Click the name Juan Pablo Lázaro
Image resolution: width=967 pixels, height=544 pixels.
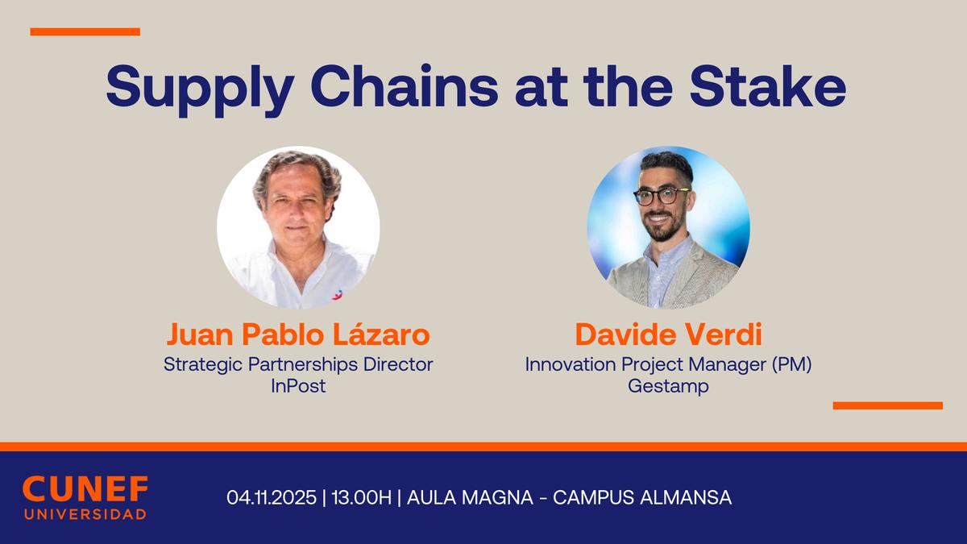tap(298, 334)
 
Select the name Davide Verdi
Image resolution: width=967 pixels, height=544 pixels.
tap(668, 334)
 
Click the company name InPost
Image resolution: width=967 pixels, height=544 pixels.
tap(298, 385)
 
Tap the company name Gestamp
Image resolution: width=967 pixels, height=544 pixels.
tap(668, 385)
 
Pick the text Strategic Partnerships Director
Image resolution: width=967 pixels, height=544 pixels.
tap(298, 364)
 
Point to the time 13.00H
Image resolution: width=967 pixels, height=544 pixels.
tap(360, 497)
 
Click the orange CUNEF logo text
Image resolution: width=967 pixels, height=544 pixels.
tap(85, 489)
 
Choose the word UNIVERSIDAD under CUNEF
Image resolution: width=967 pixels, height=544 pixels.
tap(85, 514)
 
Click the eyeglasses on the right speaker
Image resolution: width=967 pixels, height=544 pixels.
tap(661, 196)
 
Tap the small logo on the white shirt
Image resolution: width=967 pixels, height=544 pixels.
tap(336, 294)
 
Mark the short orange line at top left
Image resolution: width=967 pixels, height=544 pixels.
tap(85, 32)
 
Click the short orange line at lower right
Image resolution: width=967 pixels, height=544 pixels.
tap(887, 405)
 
